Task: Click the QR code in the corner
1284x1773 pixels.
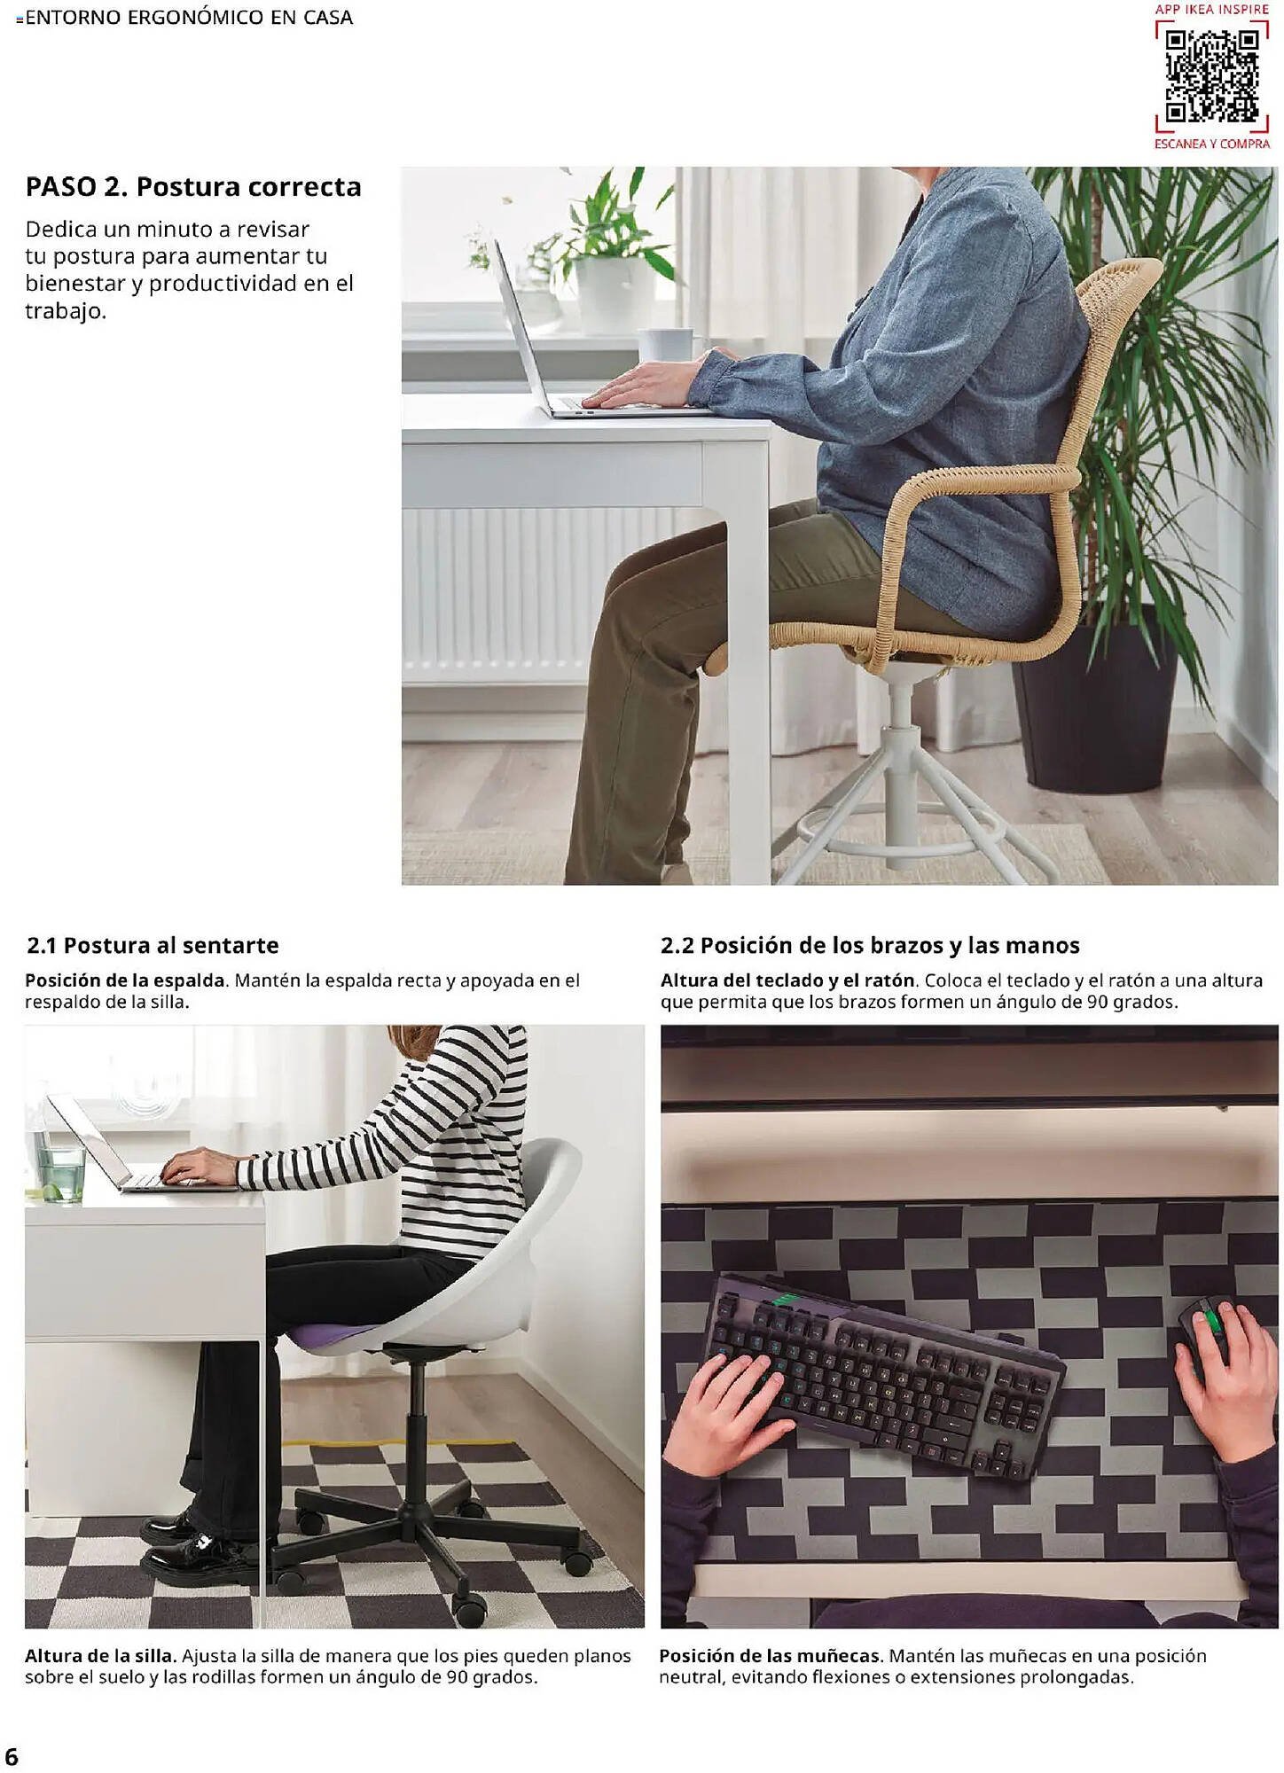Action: pyautogui.click(x=1211, y=75)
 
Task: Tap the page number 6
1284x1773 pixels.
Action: pyautogui.click(x=12, y=1756)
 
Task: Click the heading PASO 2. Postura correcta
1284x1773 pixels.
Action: pyautogui.click(x=193, y=187)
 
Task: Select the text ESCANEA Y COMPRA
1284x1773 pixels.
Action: pyautogui.click(x=1211, y=144)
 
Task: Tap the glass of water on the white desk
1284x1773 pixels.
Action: pyautogui.click(x=60, y=1170)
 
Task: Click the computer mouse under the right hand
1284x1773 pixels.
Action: pyautogui.click(x=1205, y=1330)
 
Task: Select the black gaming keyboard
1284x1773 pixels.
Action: pyautogui.click(x=882, y=1374)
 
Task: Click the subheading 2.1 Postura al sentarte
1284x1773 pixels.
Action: pyautogui.click(x=153, y=945)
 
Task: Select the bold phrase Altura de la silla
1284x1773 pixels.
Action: pyautogui.click(x=100, y=1655)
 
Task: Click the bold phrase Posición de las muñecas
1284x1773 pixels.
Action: pyautogui.click(x=770, y=1655)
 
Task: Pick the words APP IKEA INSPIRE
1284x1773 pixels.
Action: pyautogui.click(x=1211, y=10)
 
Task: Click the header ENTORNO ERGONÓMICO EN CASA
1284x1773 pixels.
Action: pyautogui.click(x=189, y=18)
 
